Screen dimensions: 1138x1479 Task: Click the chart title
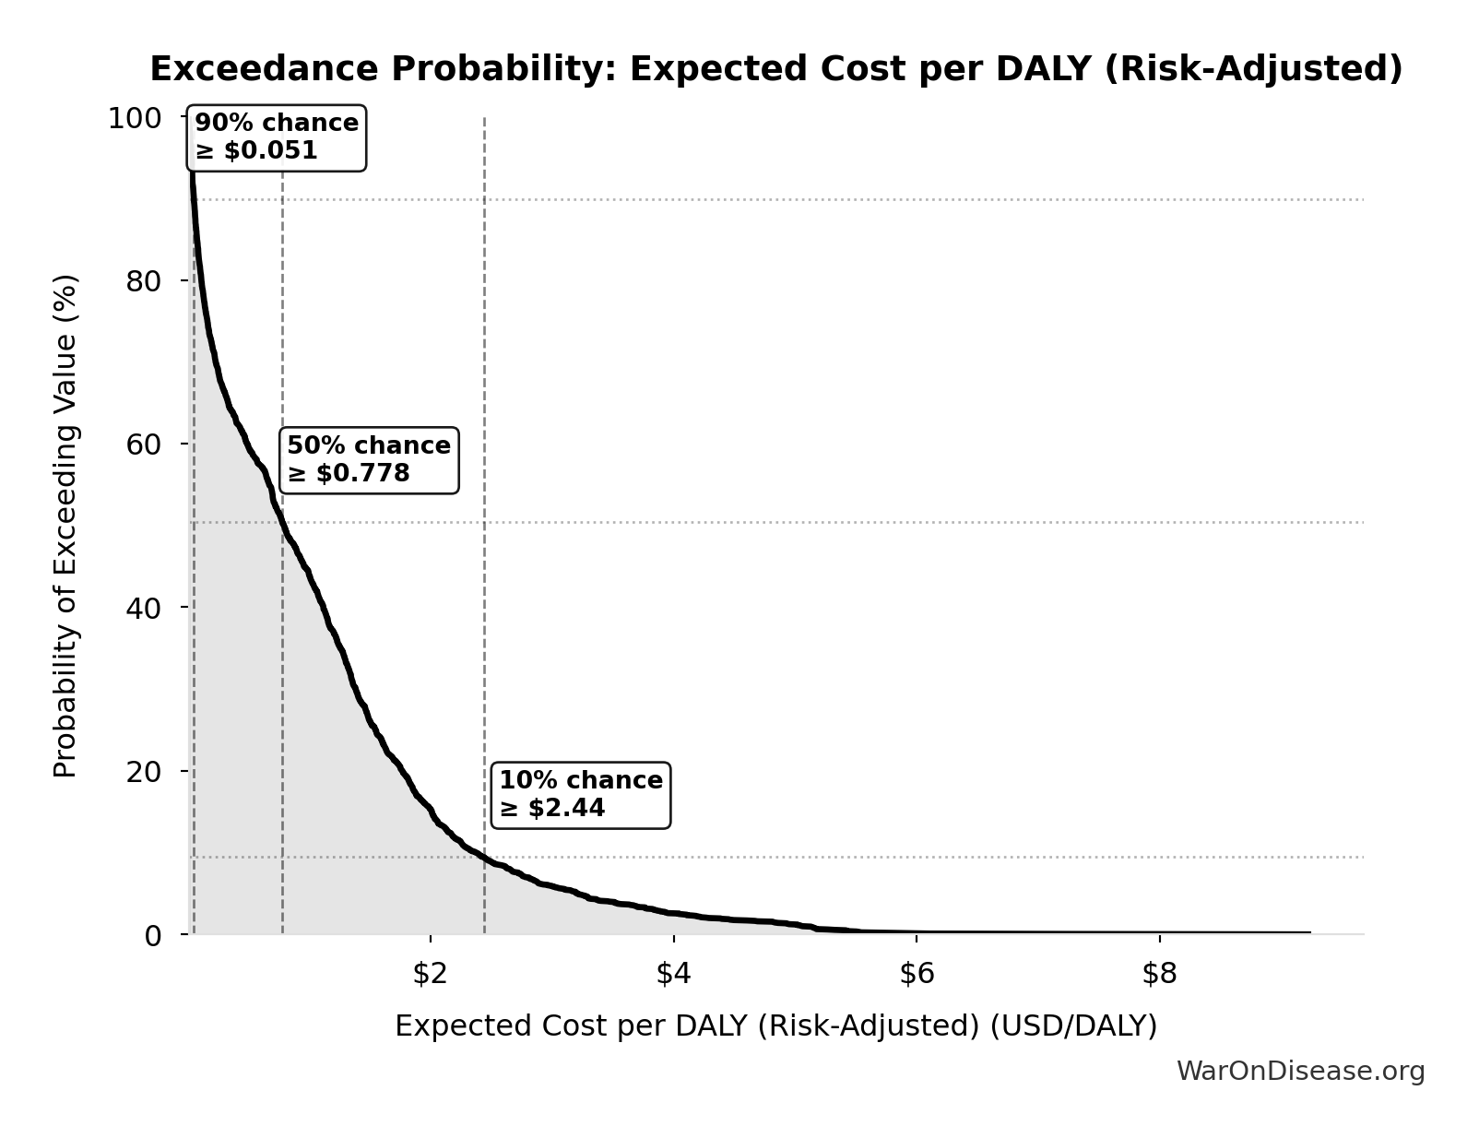(775, 69)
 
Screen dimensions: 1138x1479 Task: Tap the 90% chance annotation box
(277, 137)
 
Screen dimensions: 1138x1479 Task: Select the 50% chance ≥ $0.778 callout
(369, 460)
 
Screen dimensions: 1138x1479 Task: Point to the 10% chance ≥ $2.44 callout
(581, 795)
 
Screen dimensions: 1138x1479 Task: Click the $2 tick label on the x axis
(430, 975)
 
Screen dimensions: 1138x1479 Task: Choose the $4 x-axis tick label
(673, 975)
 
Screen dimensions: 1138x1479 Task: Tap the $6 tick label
(917, 975)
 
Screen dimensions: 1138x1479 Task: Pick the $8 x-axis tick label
(1160, 975)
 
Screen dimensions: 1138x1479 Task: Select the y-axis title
(65, 526)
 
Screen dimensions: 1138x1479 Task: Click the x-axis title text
(775, 1026)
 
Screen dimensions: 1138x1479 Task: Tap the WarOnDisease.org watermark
(1300, 1072)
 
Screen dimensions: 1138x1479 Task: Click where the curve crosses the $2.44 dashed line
(484, 858)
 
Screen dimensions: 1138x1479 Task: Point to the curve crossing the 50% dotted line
(281, 523)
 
